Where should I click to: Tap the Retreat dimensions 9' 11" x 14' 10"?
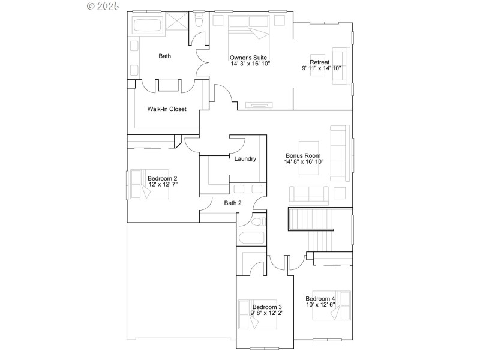pyautogui.click(x=321, y=68)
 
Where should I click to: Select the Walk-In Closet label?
pyautogui.click(x=167, y=109)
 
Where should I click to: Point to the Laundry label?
pyautogui.click(x=245, y=159)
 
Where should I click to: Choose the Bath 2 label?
pyautogui.click(x=233, y=203)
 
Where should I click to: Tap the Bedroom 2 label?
pyautogui.click(x=163, y=178)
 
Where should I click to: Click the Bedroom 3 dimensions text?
pyautogui.click(x=267, y=313)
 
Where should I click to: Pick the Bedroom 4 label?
pyautogui.click(x=320, y=299)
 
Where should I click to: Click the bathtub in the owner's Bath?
pyautogui.click(x=147, y=26)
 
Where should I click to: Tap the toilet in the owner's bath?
pyautogui.click(x=199, y=21)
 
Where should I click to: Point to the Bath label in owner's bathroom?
pyautogui.click(x=164, y=56)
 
